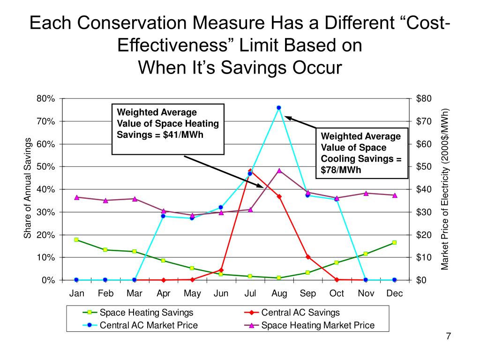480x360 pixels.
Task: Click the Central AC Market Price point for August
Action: point(279,108)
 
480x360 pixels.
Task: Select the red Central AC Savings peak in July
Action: point(250,171)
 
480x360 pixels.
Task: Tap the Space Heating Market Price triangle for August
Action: point(279,171)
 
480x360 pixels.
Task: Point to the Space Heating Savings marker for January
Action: point(76,240)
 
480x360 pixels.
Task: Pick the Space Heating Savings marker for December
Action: point(394,242)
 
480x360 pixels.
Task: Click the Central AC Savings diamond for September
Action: point(307,257)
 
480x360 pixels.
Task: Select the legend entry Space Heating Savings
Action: point(147,313)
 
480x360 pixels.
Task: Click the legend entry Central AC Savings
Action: point(300,313)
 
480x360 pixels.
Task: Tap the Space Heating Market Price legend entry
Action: point(318,325)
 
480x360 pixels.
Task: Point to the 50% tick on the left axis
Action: point(46,167)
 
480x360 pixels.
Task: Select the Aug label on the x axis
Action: point(279,294)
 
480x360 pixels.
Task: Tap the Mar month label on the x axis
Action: point(135,294)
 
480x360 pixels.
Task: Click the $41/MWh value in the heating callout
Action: point(189,135)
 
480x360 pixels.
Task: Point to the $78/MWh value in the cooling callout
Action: point(341,170)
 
